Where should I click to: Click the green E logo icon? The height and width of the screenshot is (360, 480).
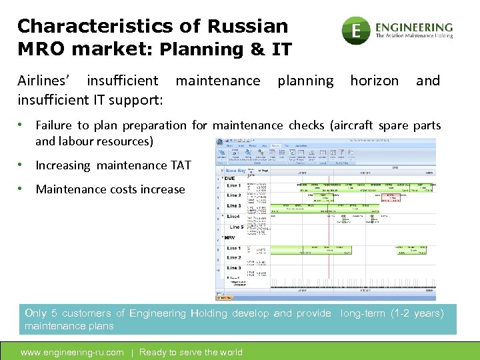coord(356,31)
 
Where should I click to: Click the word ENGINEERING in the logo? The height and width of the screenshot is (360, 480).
coord(414,27)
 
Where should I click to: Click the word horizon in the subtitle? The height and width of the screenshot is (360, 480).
coord(374,81)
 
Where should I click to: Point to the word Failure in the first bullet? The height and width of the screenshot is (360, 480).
coord(55,125)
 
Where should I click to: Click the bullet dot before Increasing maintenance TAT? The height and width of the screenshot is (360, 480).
coord(23,165)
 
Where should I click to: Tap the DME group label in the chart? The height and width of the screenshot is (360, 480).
coord(230,179)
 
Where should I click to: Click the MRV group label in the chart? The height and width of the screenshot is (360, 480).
coord(230,238)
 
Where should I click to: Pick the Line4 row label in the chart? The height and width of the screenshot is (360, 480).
coord(233,217)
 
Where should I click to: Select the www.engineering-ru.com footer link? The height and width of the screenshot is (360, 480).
coord(72,352)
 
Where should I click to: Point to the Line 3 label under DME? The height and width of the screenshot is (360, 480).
coord(234,206)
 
